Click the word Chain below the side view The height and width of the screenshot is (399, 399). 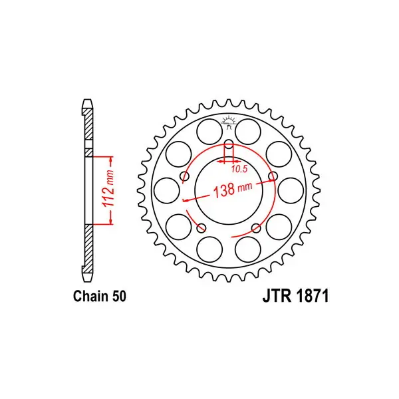pyautogui.click(x=90, y=296)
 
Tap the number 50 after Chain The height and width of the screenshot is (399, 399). pyautogui.click(x=118, y=296)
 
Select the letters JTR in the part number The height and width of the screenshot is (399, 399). pyautogui.click(x=277, y=296)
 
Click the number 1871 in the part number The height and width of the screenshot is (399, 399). pyautogui.click(x=313, y=296)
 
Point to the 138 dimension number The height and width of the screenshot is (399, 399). pyautogui.click(x=223, y=190)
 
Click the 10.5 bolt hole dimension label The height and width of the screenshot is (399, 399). pyautogui.click(x=239, y=168)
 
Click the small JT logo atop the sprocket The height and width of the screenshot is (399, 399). pyautogui.click(x=229, y=122)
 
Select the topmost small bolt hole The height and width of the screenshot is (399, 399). pyautogui.click(x=229, y=143)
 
